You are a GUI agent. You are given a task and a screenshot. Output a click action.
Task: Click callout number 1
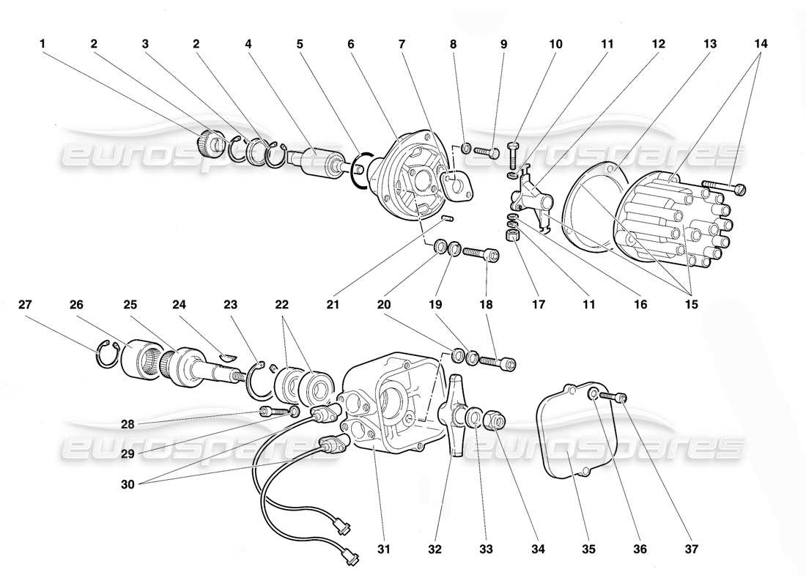click(43, 44)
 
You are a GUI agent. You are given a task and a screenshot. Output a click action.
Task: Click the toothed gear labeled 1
click(211, 142)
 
